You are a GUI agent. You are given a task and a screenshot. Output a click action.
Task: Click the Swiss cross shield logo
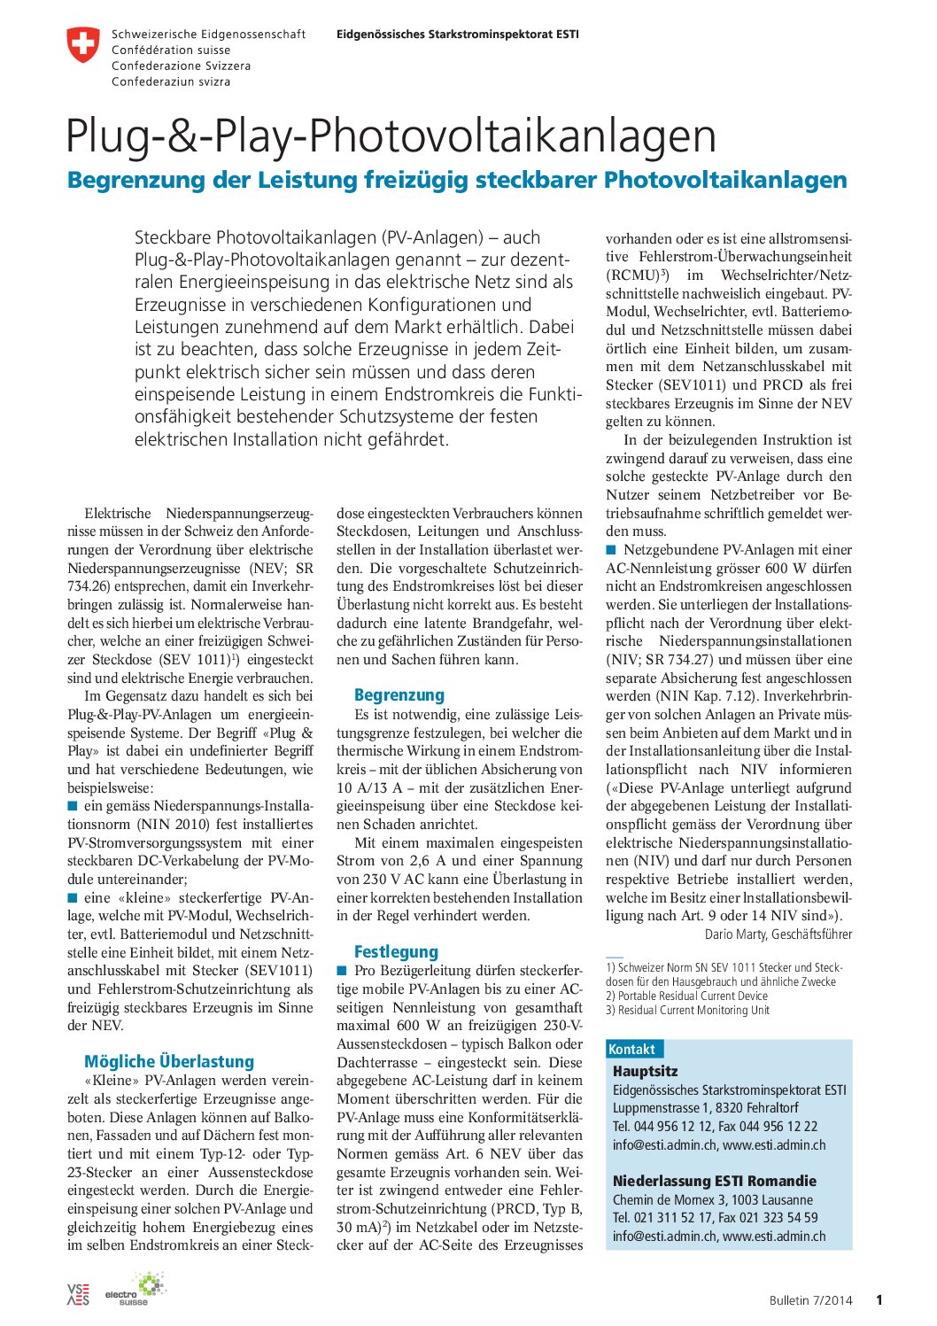click(x=83, y=45)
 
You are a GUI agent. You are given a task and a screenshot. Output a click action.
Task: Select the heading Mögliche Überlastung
click(x=169, y=1061)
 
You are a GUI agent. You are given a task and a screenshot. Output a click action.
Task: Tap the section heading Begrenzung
click(x=399, y=695)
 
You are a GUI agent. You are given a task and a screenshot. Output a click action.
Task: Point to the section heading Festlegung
click(x=396, y=951)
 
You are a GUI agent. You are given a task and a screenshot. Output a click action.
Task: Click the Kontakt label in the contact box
click(x=631, y=1050)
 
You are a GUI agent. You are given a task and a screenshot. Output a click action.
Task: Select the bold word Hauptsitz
click(x=645, y=1071)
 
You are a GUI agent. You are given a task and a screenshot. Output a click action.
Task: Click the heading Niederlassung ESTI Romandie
click(x=714, y=1181)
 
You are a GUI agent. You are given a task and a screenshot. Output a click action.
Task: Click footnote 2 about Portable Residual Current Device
click(x=687, y=996)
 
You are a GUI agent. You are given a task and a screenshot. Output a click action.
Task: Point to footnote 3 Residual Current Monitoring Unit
click(x=687, y=1010)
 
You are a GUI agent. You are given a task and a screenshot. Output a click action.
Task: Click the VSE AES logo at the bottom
click(x=78, y=1294)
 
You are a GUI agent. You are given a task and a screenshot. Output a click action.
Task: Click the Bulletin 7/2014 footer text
click(x=810, y=1300)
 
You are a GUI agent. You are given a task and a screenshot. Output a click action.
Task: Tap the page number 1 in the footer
click(x=879, y=1300)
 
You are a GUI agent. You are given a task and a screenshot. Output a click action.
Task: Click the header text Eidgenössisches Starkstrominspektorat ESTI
click(x=457, y=35)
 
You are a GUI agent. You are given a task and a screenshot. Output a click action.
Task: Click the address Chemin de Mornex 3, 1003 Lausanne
click(x=700, y=1200)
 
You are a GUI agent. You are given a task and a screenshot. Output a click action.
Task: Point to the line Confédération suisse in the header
click(x=171, y=50)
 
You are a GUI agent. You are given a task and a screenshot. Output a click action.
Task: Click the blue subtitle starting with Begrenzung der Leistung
click(x=457, y=180)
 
